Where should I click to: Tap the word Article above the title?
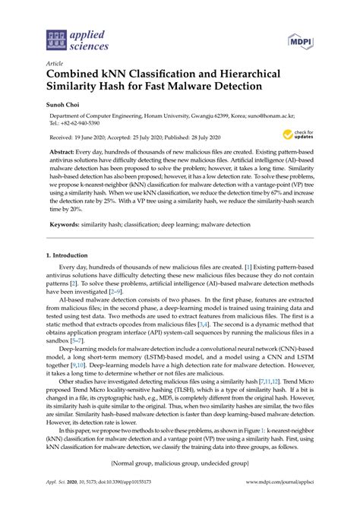tap(54, 64)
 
